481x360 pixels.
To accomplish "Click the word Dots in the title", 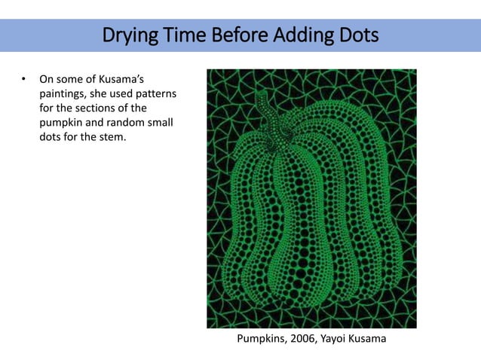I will point(358,35).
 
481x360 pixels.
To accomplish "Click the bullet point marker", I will point(23,78).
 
